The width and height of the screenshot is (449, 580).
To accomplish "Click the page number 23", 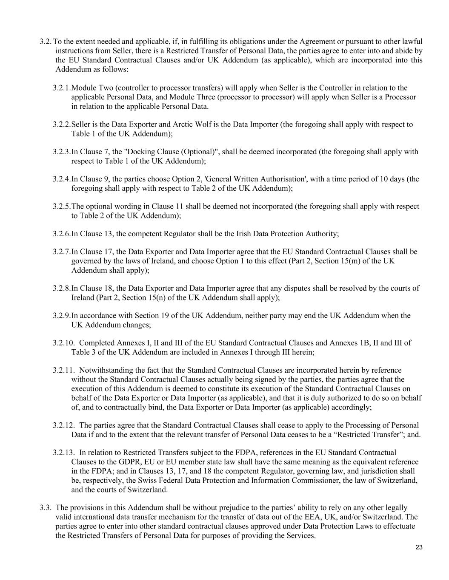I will [419, 547].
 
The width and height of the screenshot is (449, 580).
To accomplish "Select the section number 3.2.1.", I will [62, 88].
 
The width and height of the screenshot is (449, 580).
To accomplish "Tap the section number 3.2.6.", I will [62, 234].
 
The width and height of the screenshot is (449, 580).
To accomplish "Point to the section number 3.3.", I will [46, 508].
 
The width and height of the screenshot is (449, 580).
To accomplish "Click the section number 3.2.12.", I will [64, 425].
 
